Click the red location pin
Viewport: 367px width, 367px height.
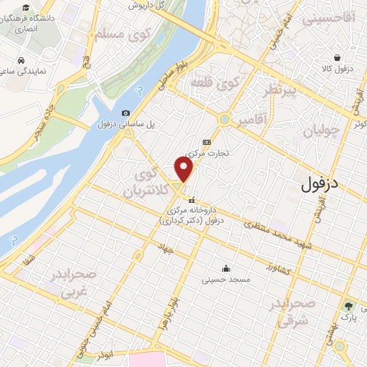click(x=184, y=170)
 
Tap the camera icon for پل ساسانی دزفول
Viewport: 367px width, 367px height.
click(x=126, y=113)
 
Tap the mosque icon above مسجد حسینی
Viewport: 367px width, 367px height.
click(x=227, y=267)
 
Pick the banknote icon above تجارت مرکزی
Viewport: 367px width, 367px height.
click(x=206, y=141)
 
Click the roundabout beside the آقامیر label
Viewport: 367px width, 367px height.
click(x=225, y=119)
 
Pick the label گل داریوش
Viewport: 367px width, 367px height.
click(x=152, y=4)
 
